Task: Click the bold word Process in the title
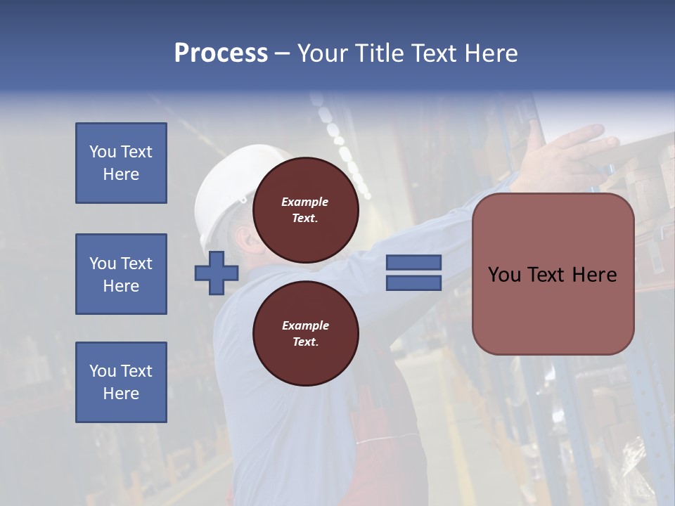click(221, 53)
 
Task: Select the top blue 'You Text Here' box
click(121, 163)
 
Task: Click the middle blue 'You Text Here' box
click(121, 274)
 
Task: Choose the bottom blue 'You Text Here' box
click(121, 382)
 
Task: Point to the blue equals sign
click(413, 273)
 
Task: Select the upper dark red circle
click(305, 209)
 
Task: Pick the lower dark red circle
click(305, 333)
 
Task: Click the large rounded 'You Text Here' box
click(553, 274)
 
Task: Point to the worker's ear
click(247, 241)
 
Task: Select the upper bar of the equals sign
click(413, 263)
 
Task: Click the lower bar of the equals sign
click(413, 283)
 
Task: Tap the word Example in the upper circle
click(305, 202)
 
